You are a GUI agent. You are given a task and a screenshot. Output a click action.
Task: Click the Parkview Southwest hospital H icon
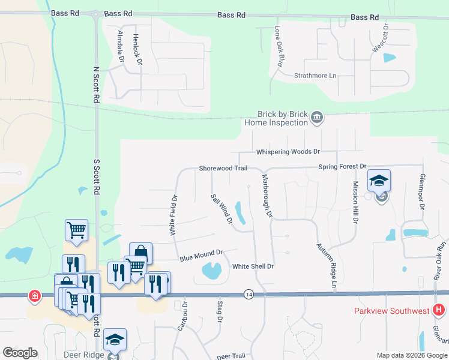click(439, 310)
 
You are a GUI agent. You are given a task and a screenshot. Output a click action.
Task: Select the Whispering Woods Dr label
click(288, 152)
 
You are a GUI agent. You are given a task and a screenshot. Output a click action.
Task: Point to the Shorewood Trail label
click(223, 169)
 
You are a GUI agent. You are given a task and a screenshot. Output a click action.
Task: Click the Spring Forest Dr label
click(342, 166)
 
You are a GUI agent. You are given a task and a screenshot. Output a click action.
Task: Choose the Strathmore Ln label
click(315, 76)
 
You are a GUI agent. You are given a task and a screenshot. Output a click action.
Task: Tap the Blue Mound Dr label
click(201, 256)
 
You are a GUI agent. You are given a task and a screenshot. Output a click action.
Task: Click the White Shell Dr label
click(253, 266)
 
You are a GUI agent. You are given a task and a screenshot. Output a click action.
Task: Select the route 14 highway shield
click(249, 294)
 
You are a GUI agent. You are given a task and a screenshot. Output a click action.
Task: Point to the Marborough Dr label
click(267, 196)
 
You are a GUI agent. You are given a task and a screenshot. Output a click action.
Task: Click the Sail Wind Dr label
click(221, 209)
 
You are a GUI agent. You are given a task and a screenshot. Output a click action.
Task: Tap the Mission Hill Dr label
click(355, 202)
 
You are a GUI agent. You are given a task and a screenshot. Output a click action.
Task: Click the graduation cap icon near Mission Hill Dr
click(379, 180)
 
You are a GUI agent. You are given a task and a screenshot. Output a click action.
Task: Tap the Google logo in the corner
click(20, 353)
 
